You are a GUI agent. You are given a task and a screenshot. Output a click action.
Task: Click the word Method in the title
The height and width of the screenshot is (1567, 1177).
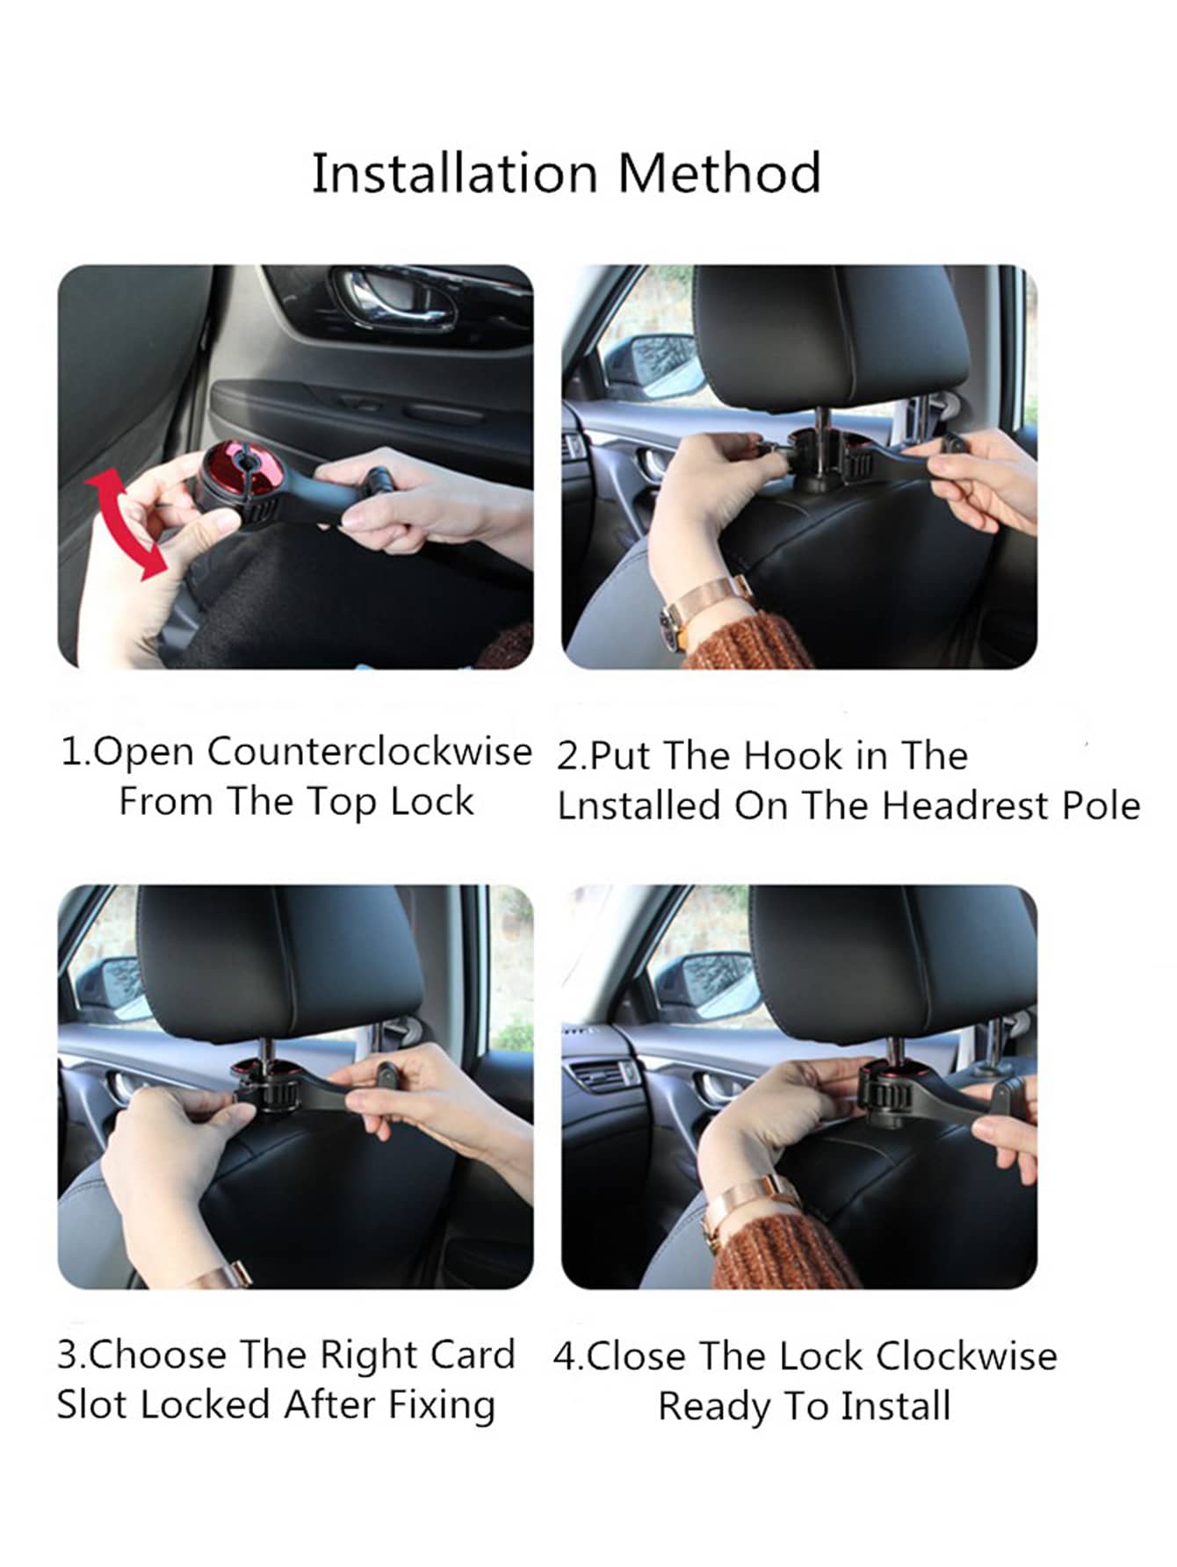pyautogui.click(x=719, y=173)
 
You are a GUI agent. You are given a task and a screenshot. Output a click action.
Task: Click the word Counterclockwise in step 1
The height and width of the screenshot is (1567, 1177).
pyautogui.click(x=370, y=751)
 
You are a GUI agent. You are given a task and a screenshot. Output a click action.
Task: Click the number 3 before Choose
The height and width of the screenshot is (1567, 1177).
pyautogui.click(x=68, y=1355)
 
